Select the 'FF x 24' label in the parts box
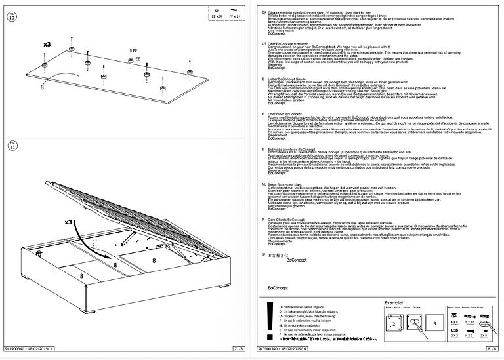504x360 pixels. pos(236,15)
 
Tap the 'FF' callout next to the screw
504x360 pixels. pos(135,50)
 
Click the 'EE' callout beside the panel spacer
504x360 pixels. pos(138,59)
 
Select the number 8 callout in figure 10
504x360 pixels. pos(41,85)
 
